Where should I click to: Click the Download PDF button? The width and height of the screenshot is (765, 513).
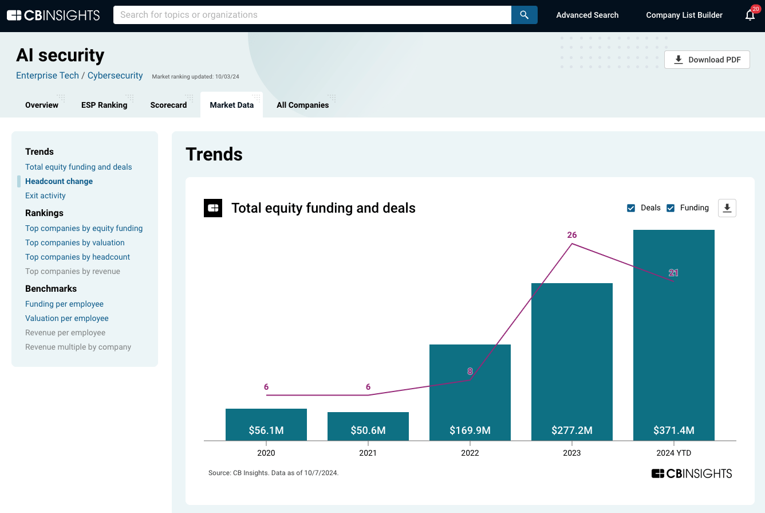pyautogui.click(x=707, y=60)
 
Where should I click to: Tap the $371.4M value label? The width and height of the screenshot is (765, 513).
pyautogui.click(x=673, y=430)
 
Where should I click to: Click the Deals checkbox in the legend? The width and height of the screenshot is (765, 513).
pyautogui.click(x=631, y=208)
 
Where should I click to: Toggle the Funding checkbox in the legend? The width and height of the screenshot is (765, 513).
pyautogui.click(x=671, y=208)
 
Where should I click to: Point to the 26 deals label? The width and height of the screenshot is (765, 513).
pyautogui.click(x=571, y=235)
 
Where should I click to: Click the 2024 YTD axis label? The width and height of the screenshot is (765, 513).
pyautogui.click(x=673, y=453)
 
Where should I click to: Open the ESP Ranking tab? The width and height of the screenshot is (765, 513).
pyautogui.click(x=104, y=105)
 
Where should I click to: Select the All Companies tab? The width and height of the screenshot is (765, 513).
pyautogui.click(x=302, y=105)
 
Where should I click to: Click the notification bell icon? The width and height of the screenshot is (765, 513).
pyautogui.click(x=750, y=15)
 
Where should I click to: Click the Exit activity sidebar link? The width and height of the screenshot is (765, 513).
pyautogui.click(x=45, y=195)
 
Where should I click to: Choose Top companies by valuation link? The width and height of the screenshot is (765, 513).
pyautogui.click(x=74, y=242)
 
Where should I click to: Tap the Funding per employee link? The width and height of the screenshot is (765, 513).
pyautogui.click(x=64, y=304)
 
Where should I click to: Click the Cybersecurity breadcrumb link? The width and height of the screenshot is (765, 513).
pyautogui.click(x=115, y=76)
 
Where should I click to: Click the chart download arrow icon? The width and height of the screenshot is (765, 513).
pyautogui.click(x=727, y=208)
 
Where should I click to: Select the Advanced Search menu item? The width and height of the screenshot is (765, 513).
pyautogui.click(x=587, y=15)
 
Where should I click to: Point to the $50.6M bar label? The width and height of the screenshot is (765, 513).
pyautogui.click(x=368, y=430)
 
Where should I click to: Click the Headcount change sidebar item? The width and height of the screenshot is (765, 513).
pyautogui.click(x=59, y=181)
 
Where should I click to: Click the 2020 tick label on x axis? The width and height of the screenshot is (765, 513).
pyautogui.click(x=266, y=453)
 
